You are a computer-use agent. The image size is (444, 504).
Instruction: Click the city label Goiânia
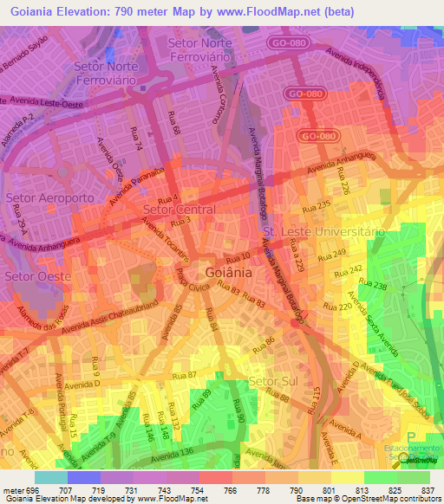coord(229,270)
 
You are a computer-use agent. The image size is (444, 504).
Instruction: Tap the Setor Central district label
coord(179,210)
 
